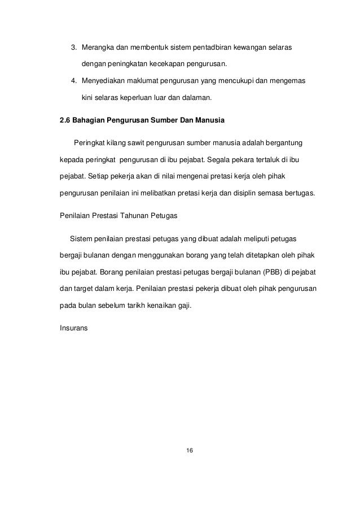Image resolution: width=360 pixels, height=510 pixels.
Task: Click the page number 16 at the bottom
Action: point(190,450)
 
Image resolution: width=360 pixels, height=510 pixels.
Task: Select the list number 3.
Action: point(72,45)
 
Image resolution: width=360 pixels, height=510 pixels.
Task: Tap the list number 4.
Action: point(72,81)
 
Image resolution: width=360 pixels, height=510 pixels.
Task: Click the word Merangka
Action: point(99,45)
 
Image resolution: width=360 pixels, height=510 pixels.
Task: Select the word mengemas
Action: point(288,81)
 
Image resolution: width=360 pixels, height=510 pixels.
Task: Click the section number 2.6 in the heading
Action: point(66,119)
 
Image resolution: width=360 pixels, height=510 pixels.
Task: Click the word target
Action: point(85,289)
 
